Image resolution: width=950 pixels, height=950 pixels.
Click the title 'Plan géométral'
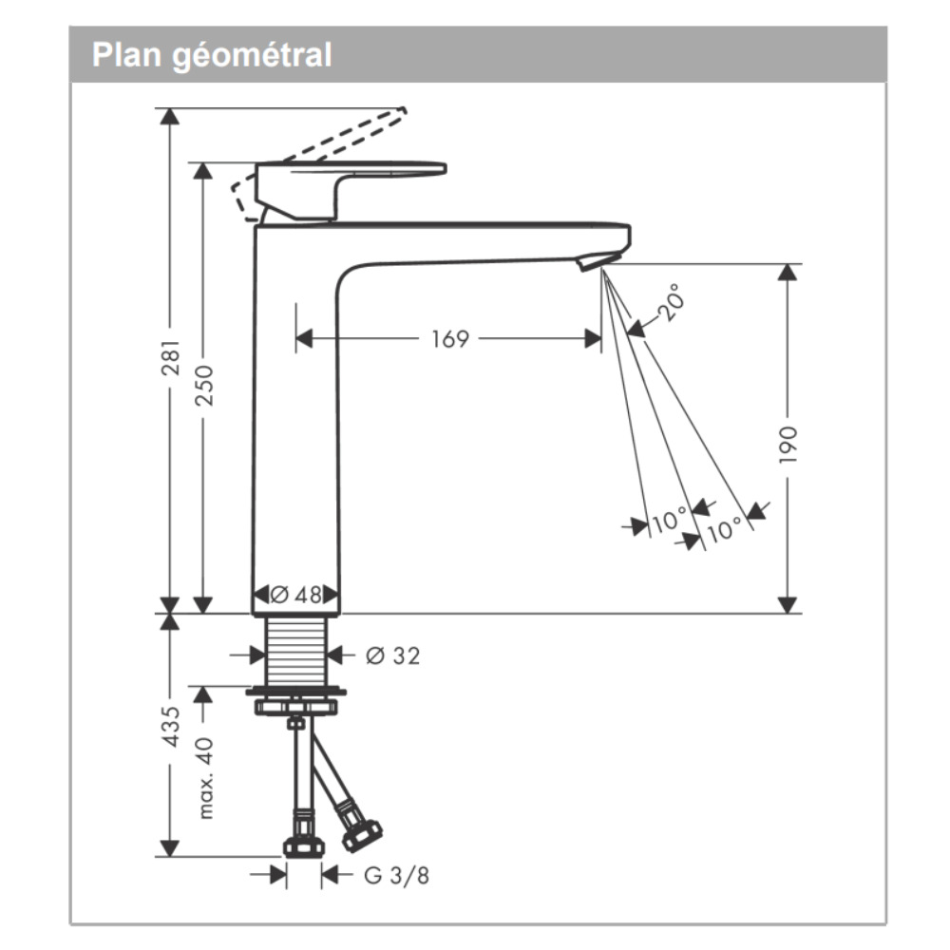[212, 55]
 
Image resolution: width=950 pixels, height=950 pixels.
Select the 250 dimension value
[204, 385]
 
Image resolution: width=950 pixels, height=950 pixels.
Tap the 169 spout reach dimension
[450, 338]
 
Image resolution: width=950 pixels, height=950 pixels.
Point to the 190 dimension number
[788, 445]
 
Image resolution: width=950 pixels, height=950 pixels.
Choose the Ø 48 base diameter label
[295, 596]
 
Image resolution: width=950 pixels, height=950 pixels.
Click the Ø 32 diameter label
[391, 655]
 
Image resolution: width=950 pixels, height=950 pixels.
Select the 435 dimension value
[171, 727]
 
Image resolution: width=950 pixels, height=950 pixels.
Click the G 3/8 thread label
[396, 875]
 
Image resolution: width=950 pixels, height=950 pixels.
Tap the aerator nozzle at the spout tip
[597, 259]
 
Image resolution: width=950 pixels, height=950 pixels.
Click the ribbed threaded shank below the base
[295, 650]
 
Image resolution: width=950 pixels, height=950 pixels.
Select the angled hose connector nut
[361, 834]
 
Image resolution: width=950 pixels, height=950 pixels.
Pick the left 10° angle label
[669, 521]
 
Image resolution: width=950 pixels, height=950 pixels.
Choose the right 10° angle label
[724, 528]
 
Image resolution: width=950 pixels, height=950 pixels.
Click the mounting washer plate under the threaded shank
[295, 692]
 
